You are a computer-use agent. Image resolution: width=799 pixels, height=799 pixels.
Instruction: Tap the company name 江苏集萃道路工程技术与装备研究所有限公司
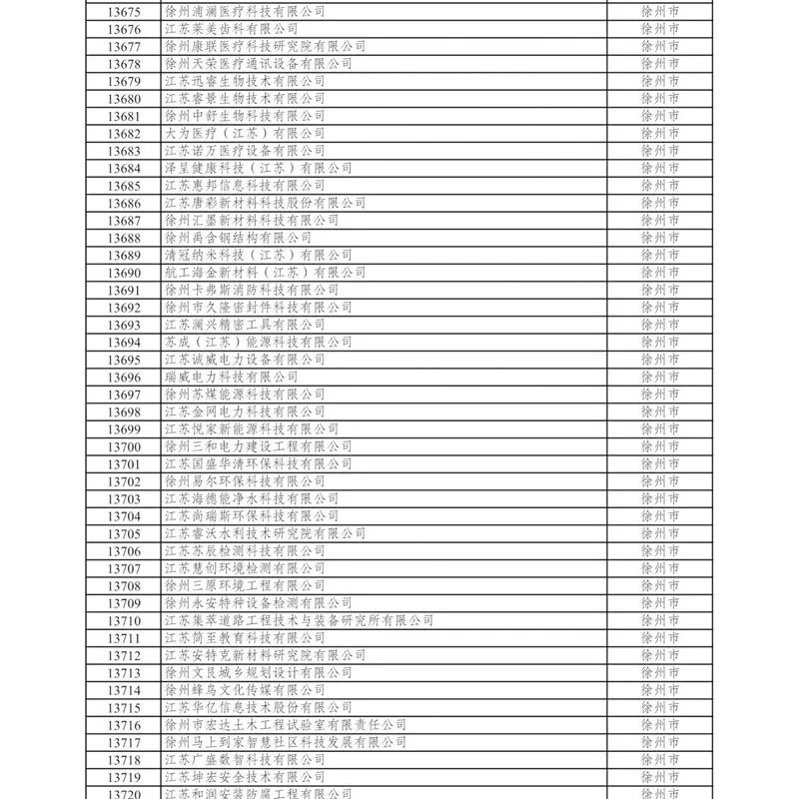[x=299, y=620]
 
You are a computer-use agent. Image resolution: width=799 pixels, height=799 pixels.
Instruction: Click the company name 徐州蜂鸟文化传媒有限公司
[x=244, y=690]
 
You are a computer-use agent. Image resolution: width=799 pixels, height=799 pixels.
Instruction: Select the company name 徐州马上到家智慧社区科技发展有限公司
[x=285, y=742]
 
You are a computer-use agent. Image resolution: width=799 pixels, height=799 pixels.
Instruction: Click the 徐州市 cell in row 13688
[x=659, y=238]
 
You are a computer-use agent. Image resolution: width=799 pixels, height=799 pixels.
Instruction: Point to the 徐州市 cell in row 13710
[x=659, y=620]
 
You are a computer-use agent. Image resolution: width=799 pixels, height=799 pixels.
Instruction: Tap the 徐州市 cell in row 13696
[x=659, y=377]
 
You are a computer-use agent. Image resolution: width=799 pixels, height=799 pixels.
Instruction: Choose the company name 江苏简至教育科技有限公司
[x=244, y=638]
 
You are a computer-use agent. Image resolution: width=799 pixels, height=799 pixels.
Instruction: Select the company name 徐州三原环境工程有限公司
[x=244, y=585]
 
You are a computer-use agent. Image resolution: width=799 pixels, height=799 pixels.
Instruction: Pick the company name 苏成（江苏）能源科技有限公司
[x=258, y=342]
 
